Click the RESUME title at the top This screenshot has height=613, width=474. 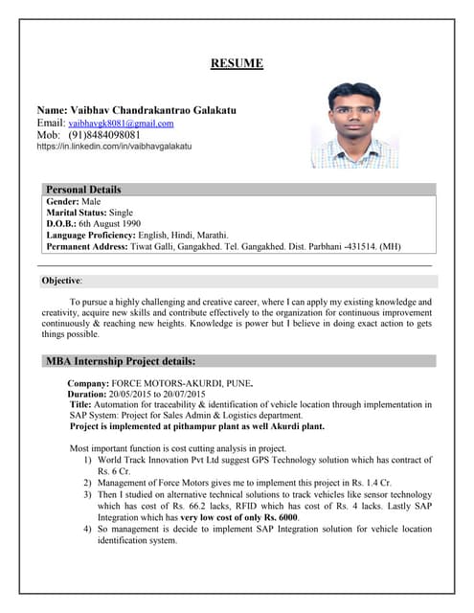point(237,64)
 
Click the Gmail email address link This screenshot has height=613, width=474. point(121,124)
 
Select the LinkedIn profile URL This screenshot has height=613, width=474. point(115,147)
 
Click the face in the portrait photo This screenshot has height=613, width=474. point(355,112)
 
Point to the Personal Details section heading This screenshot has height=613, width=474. point(83,190)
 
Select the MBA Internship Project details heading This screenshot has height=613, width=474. point(121,361)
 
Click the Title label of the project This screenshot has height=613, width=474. point(80,405)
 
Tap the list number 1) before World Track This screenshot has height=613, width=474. point(87,461)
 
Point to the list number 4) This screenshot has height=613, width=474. point(87,529)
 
